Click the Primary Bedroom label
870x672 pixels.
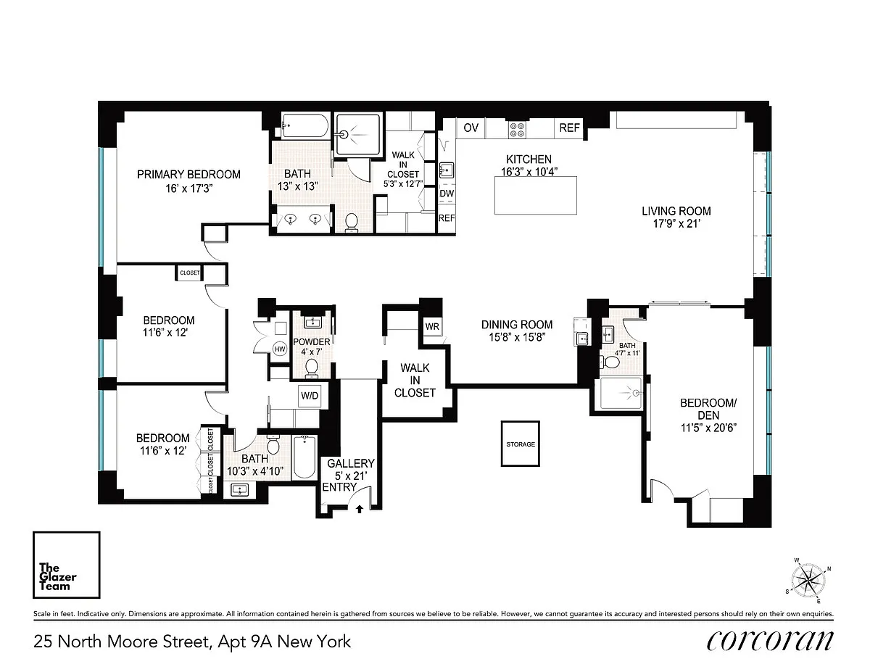188,175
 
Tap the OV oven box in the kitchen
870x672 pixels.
471,128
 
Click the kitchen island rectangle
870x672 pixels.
536,195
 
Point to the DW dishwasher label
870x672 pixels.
447,194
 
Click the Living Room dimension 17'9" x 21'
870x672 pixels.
676,223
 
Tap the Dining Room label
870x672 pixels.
517,325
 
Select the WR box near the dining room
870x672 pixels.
432,327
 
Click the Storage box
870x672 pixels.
521,444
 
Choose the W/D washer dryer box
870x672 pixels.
310,396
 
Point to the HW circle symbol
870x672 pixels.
280,349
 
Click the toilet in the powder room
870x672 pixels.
312,368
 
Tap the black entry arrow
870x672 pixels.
360,509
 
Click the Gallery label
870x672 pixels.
351,463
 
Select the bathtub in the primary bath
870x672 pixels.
305,125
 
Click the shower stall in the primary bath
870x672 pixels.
357,135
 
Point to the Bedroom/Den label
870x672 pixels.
708,409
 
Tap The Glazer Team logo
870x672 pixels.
67,565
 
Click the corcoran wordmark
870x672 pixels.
770,641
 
